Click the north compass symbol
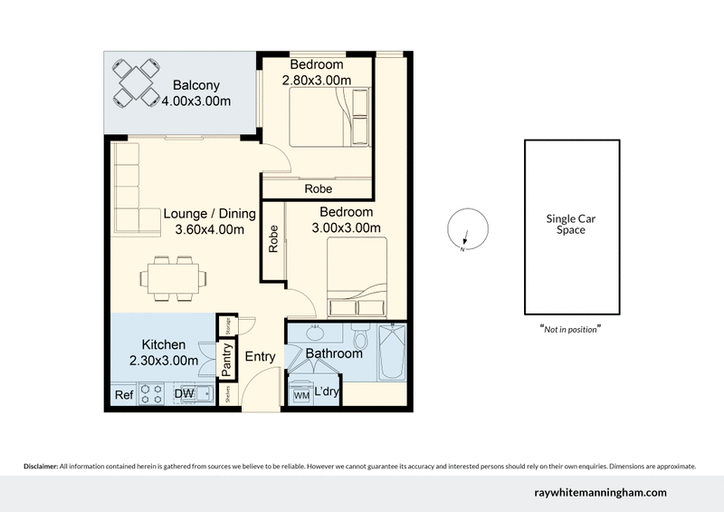click(464, 230)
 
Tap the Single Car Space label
click(571, 224)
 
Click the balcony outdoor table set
click(137, 82)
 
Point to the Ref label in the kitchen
click(123, 395)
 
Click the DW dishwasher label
click(185, 395)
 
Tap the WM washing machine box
click(300, 395)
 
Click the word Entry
click(260, 357)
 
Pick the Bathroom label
click(334, 353)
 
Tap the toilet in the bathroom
click(360, 341)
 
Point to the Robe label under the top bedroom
click(318, 189)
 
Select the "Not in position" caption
click(571, 329)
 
